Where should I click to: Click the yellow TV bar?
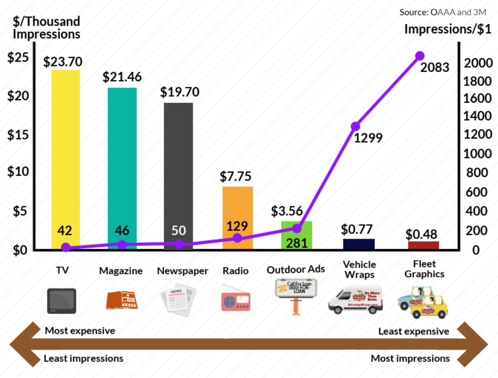click(66, 159)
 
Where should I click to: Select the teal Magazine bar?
click(122, 168)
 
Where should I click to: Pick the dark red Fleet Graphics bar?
click(423, 245)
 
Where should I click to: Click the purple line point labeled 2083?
click(419, 56)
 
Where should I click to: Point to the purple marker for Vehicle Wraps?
click(356, 126)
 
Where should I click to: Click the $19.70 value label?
click(179, 92)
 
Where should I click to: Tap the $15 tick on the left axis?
click(18, 135)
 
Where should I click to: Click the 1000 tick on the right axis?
click(477, 153)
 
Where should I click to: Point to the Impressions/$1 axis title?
click(448, 30)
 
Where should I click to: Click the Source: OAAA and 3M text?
click(443, 12)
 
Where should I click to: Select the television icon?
click(61, 300)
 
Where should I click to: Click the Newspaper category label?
click(182, 271)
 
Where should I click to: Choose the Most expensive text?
click(80, 331)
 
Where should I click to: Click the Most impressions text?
click(410, 358)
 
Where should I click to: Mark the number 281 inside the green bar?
click(296, 243)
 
